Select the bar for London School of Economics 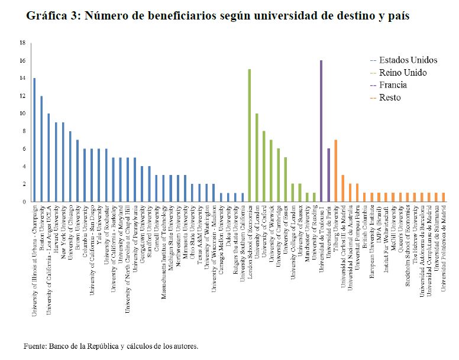(x=250, y=135)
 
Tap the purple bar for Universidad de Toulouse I (x=321, y=131)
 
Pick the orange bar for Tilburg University (x=335, y=171)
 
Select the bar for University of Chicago (x=70, y=166)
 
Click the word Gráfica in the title (x=45, y=16)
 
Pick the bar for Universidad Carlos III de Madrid (x=342, y=189)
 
